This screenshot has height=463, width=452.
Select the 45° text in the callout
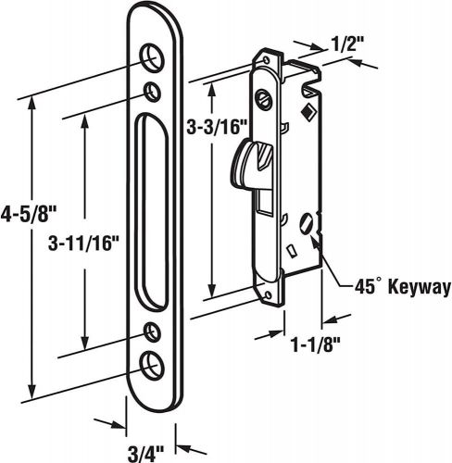click(366, 287)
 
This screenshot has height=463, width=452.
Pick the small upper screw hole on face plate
click(152, 90)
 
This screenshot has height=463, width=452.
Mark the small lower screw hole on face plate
click(152, 331)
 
